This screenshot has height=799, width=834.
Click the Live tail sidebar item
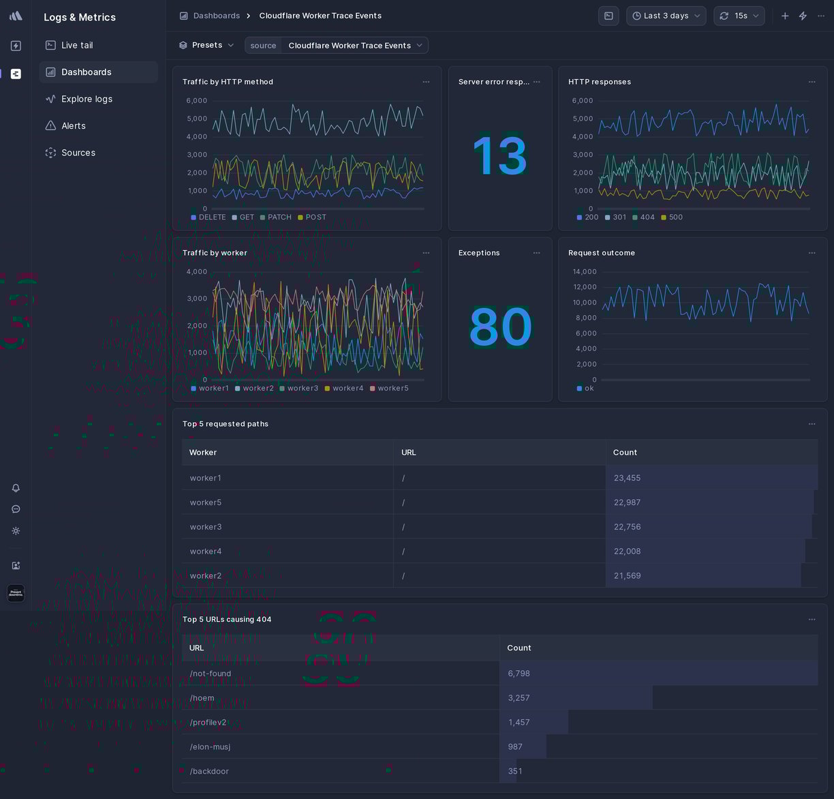pos(77,45)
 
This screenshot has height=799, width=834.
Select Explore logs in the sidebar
pos(87,99)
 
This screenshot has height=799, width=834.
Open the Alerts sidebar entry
pos(73,126)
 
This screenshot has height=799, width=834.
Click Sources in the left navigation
pos(78,153)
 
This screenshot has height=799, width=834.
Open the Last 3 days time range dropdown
pos(666,16)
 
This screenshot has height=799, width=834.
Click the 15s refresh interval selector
pos(739,16)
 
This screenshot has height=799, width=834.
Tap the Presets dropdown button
pos(206,45)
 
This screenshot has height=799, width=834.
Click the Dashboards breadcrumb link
pos(216,16)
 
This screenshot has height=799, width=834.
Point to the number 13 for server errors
pos(499,156)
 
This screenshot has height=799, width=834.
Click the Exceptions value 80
pos(500,327)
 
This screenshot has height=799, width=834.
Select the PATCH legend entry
pos(279,217)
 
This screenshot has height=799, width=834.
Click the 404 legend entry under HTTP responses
pos(647,217)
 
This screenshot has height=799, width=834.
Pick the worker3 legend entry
pos(303,389)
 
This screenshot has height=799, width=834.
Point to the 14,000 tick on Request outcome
pos(584,271)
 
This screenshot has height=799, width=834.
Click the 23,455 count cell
pos(627,478)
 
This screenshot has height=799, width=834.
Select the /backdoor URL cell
pos(209,771)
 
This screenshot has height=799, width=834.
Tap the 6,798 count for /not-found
pos(519,674)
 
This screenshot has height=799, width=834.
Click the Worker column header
pos(203,453)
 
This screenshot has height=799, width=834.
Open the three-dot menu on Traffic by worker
pos(426,253)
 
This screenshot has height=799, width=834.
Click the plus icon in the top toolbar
pos(785,16)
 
